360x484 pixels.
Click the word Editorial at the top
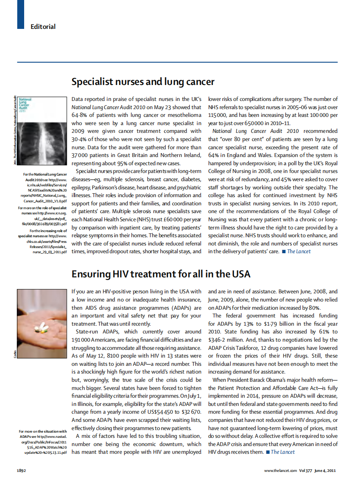(43, 27)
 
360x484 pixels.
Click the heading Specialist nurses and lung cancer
(143, 82)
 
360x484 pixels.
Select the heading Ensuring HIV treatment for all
(161, 274)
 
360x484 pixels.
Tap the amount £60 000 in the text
(173, 220)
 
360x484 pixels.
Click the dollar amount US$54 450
(169, 412)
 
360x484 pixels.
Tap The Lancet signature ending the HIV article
(283, 452)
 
